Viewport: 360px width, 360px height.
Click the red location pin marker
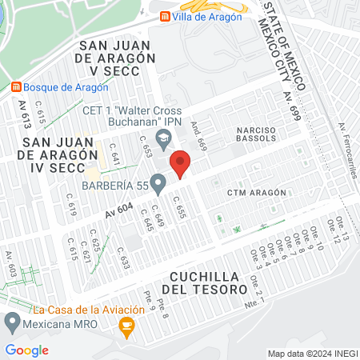coord(180,163)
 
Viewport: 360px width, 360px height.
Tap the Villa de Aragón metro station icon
coord(165,16)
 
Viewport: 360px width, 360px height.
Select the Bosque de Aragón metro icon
coord(16,86)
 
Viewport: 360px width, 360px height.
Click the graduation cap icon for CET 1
coord(163,138)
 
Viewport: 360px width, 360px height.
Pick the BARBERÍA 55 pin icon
coord(158,185)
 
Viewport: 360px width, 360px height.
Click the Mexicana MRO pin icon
coord(12,323)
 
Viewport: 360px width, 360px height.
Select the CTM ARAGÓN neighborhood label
coord(256,194)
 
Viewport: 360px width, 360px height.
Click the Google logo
coord(26,350)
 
